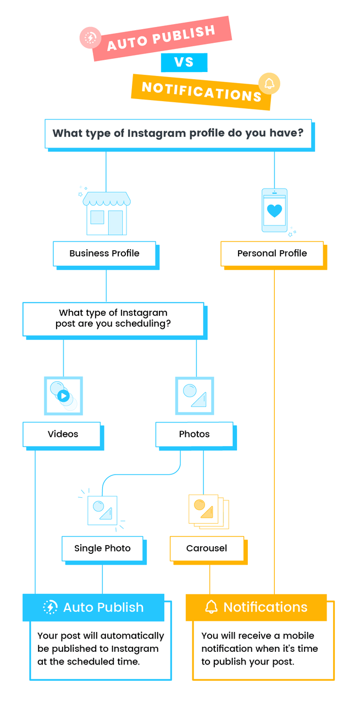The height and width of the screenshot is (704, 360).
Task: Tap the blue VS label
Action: [x=184, y=62]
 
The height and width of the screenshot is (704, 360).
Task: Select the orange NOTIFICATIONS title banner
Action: [x=201, y=91]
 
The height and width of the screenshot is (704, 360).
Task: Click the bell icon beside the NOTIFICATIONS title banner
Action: [x=269, y=84]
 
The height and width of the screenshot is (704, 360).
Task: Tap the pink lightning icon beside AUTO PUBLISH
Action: [x=90, y=38]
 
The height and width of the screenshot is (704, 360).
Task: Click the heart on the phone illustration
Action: [x=274, y=211]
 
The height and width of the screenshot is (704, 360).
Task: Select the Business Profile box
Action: [x=104, y=254]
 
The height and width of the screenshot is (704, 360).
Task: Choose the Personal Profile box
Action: [x=272, y=254]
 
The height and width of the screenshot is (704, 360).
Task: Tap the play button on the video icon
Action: [x=64, y=395]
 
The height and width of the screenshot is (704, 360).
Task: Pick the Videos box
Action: [x=63, y=434]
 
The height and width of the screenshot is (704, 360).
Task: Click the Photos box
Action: [x=194, y=434]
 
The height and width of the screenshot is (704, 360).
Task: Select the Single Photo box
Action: [x=103, y=548]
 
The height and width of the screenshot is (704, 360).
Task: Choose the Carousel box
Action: [x=207, y=548]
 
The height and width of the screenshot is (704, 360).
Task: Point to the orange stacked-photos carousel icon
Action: [x=208, y=511]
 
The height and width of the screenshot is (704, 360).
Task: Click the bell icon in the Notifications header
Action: [x=211, y=607]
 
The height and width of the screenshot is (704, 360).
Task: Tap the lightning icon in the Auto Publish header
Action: [x=50, y=607]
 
